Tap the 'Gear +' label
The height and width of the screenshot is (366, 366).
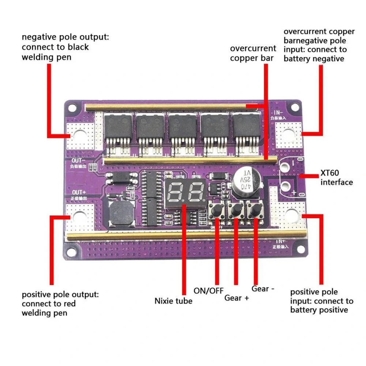pyautogui.click(x=237, y=298)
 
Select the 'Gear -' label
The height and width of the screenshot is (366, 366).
pyautogui.click(x=263, y=288)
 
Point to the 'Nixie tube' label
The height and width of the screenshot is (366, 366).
pyautogui.click(x=173, y=301)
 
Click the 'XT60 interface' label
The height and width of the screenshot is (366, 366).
pyautogui.click(x=336, y=178)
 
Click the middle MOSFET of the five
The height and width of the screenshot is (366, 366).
pyautogui.click(x=182, y=130)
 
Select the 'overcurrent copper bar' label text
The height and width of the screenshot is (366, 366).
pyautogui.click(x=253, y=53)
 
